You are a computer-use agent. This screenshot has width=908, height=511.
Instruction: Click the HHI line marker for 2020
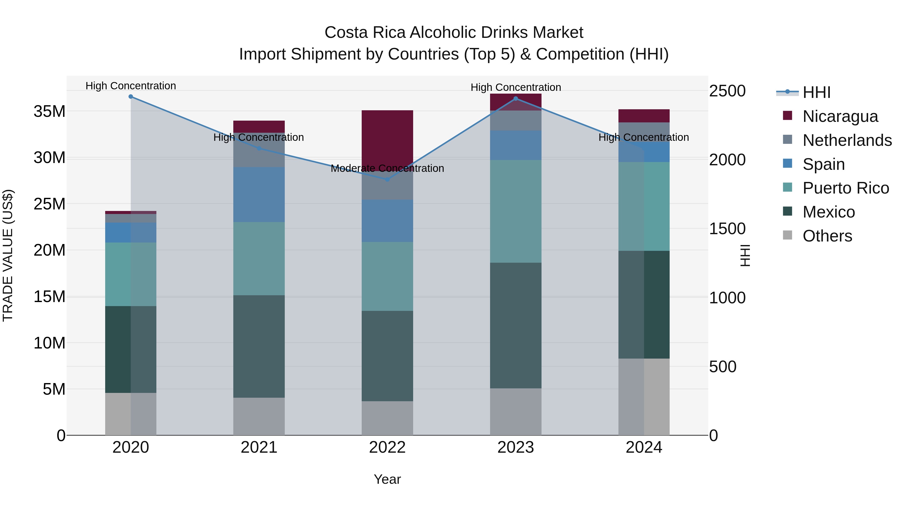point(131,97)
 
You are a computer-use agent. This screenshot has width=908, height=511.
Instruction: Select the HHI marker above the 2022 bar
point(387,179)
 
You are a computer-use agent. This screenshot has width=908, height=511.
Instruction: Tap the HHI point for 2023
point(516,99)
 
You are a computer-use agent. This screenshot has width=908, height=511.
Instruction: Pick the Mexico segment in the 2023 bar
point(516,325)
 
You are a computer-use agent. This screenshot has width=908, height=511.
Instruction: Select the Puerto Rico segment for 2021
point(259,258)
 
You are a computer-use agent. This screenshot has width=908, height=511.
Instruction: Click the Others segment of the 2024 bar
point(644,397)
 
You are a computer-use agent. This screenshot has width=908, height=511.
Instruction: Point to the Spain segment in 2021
point(259,195)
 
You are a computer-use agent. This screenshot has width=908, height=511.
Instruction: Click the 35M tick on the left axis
point(50,112)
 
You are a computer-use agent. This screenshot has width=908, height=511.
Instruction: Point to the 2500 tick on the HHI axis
point(727,91)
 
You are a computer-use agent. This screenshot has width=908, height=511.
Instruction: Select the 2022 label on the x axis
point(387,447)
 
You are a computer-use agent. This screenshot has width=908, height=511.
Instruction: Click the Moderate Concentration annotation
point(387,168)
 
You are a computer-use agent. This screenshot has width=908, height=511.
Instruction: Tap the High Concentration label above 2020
point(131,86)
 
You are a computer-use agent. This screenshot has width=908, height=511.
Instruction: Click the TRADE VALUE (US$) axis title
point(8,255)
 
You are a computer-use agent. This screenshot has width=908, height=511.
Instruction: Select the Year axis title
point(387,479)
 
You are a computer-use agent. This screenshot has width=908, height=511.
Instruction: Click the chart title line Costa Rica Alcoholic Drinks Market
point(454,33)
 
